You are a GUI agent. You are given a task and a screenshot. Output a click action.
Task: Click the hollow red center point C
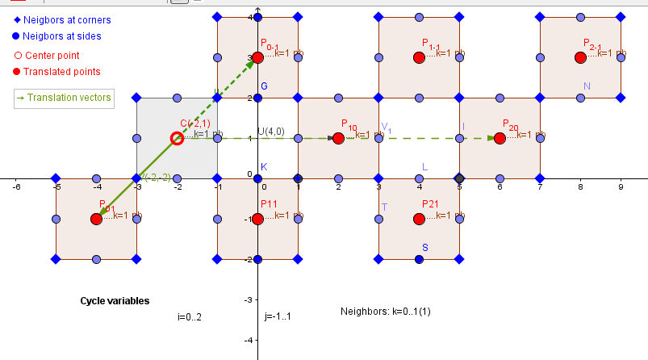pos(177,138)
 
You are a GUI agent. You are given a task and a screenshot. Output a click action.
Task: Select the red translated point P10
pos(338,138)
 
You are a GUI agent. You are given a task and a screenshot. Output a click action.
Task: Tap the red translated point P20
pos(500,138)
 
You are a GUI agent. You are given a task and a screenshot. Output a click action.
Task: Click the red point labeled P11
pos(257,219)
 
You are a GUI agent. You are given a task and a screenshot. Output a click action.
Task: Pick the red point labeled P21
pos(419,219)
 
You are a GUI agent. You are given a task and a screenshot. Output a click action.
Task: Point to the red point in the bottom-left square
pos(96,219)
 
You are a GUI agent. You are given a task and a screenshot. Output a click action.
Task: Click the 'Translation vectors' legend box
pos(62,98)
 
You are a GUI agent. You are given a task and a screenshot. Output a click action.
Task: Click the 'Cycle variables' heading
pos(115,300)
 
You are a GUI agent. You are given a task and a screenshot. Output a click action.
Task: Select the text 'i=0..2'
pos(189,316)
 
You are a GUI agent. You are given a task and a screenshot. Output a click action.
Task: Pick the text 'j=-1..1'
pos(277,316)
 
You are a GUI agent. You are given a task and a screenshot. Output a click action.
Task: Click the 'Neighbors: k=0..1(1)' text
pos(385,311)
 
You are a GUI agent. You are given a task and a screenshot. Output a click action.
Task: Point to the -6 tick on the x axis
pos(16,186)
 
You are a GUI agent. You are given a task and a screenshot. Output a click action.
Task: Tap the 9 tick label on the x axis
pos(620,186)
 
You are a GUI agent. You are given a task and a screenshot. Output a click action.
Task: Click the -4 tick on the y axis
pos(249,340)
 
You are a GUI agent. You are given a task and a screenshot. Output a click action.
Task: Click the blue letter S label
pos(425,247)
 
